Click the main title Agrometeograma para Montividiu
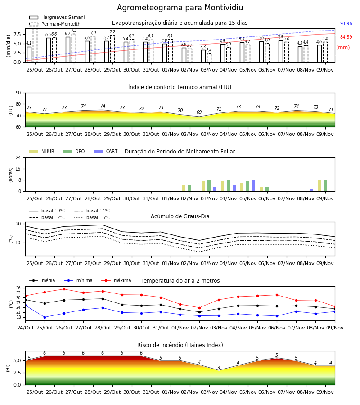click(180, 8)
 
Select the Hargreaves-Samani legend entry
click(57, 17)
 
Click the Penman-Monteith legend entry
click(55, 24)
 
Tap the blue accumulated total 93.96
click(346, 23)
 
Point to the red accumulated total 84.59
click(346, 37)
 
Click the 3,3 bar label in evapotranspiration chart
click(203, 47)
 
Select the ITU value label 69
click(199, 112)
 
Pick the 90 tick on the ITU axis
click(18, 93)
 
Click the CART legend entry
click(106, 151)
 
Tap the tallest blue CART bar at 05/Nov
click(254, 186)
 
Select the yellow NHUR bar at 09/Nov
click(319, 186)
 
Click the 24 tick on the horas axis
click(18, 157)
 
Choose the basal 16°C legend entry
click(92, 217)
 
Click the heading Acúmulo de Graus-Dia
click(180, 216)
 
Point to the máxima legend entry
click(116, 280)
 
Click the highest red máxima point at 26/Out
click(64, 289)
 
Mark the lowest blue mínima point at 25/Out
click(45, 317)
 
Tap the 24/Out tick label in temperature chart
click(25, 328)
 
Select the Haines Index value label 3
click(219, 368)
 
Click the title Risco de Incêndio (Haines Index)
click(180, 345)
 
